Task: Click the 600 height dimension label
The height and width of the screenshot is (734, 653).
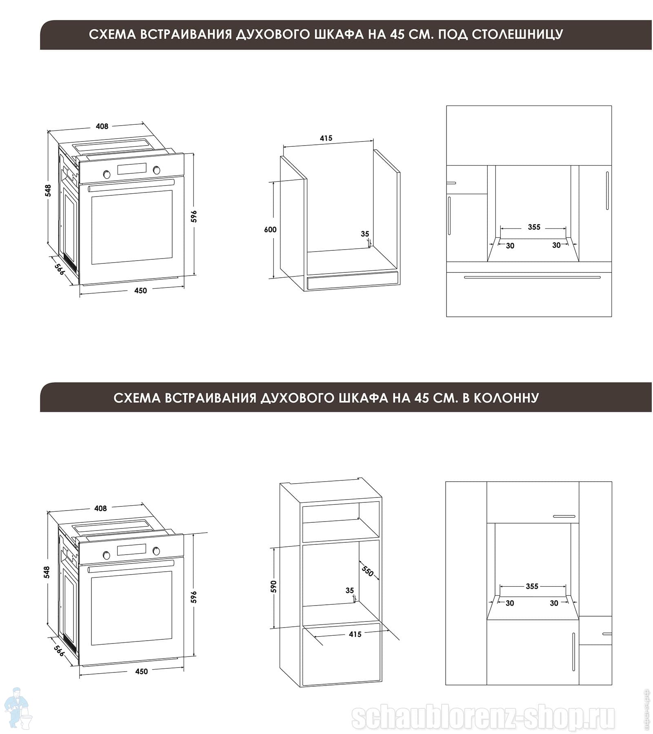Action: [270, 230]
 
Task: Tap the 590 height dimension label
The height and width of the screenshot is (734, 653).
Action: [273, 586]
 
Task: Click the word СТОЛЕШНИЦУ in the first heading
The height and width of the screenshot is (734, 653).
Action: [518, 34]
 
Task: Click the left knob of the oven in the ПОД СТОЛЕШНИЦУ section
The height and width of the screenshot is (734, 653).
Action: [107, 174]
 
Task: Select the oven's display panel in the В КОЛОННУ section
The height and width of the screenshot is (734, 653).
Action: [131, 550]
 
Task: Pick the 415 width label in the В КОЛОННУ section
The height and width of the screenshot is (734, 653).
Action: [355, 635]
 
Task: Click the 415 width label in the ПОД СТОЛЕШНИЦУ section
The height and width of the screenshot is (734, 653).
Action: [326, 138]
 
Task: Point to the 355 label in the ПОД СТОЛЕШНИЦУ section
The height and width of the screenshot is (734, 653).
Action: [534, 227]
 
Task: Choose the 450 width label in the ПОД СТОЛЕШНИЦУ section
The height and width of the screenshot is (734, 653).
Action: [140, 290]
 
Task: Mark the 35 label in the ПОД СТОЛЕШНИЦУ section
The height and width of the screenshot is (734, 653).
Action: [365, 234]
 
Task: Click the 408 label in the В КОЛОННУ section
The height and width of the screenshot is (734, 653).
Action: [100, 508]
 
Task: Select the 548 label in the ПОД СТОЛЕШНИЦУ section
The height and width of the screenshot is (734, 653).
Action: [48, 190]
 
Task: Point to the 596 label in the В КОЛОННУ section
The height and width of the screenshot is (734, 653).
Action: [194, 597]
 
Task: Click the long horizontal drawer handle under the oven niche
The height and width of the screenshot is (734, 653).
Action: [532, 277]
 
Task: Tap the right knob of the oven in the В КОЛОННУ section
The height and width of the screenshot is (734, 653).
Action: [156, 551]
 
